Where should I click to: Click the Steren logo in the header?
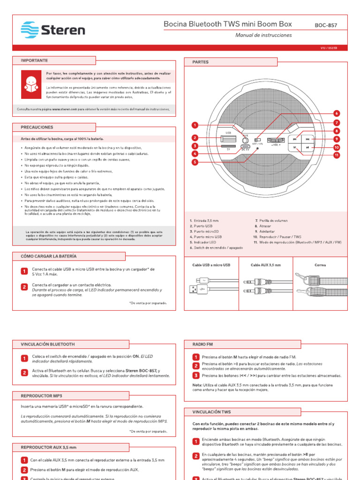(x=52, y=30)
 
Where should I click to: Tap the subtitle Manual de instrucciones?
(x=263, y=35)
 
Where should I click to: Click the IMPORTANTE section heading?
(x=34, y=60)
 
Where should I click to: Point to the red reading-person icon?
(x=30, y=81)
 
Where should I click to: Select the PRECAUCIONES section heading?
(x=37, y=127)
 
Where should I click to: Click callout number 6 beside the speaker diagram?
(x=336, y=113)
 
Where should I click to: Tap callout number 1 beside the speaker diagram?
(x=195, y=125)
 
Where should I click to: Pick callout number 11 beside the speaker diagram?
(x=336, y=155)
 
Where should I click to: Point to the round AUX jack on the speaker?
(x=245, y=139)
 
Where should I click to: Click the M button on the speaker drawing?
(x=294, y=147)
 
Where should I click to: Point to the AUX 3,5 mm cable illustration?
(x=266, y=286)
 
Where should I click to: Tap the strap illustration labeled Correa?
(x=320, y=285)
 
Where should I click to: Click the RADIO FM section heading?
(x=202, y=345)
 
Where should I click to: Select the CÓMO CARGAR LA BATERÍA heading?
(x=49, y=256)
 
